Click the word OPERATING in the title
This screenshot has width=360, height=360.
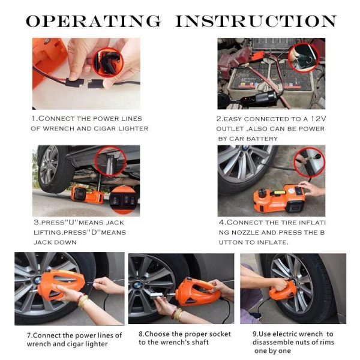93,22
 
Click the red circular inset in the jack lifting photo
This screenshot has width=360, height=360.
110,161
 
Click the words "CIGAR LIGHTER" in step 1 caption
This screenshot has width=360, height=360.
120,128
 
